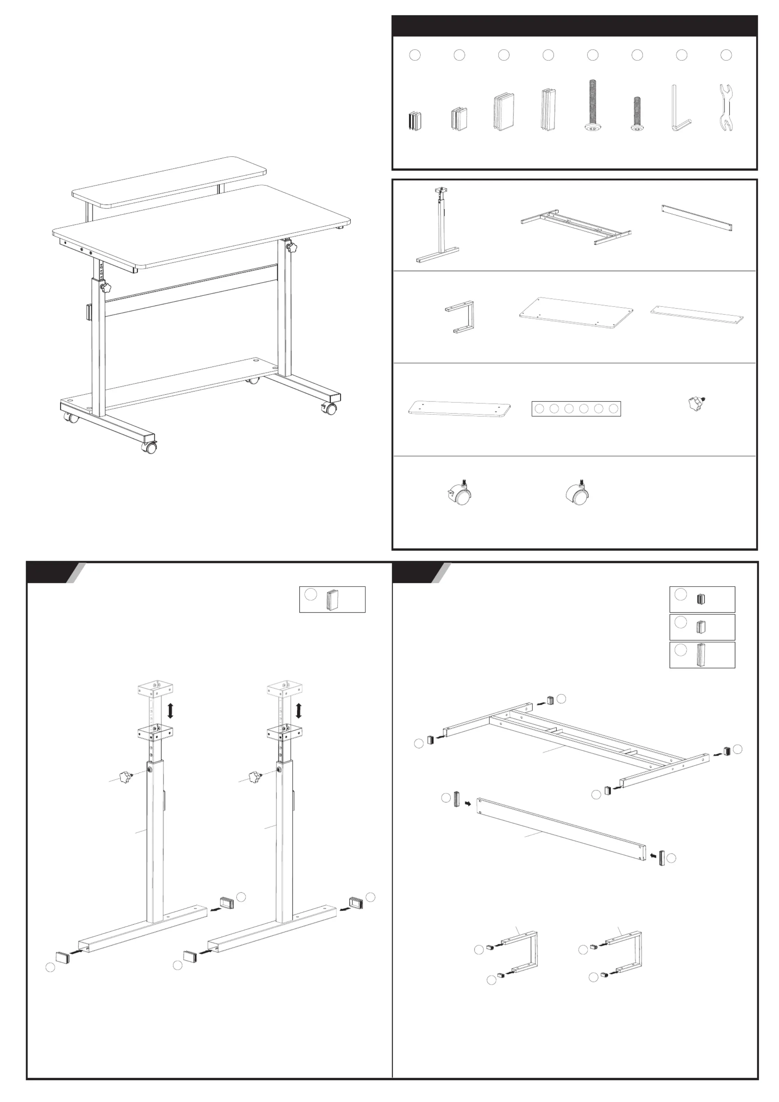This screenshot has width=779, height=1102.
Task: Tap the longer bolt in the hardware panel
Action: pyautogui.click(x=592, y=106)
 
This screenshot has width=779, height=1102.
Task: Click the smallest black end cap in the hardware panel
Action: pyautogui.click(x=415, y=121)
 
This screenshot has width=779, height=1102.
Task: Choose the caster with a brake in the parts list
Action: pyautogui.click(x=459, y=494)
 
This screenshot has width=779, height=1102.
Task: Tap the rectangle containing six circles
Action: pyautogui.click(x=576, y=409)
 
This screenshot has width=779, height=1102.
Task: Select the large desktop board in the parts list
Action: pyautogui.click(x=576, y=312)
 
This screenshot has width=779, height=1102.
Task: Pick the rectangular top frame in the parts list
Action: pyautogui.click(x=576, y=227)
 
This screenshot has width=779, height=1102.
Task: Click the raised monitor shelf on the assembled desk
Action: pyautogui.click(x=169, y=180)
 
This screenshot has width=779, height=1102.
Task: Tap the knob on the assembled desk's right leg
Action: pyautogui.click(x=291, y=248)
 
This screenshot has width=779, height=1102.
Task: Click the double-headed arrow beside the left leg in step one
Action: pyautogui.click(x=170, y=711)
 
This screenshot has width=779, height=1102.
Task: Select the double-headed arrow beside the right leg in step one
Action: pyautogui.click(x=298, y=711)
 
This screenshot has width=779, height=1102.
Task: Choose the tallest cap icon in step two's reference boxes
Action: pyautogui.click(x=700, y=655)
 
